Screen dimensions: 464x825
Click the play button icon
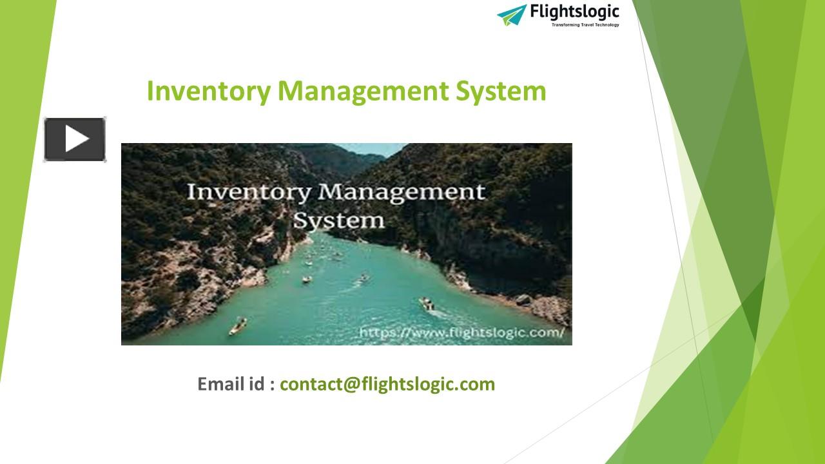tap(75, 139)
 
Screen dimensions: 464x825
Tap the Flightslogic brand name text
tap(574, 12)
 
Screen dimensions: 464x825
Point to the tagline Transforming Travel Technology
tap(585, 25)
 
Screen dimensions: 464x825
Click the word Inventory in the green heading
tap(209, 91)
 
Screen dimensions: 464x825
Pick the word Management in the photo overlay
tap(401, 193)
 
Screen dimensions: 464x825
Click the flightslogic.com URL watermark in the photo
tap(461, 333)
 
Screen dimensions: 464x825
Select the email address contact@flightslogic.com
tap(387, 384)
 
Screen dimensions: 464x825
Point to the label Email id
tap(236, 384)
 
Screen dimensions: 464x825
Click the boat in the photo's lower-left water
tap(237, 325)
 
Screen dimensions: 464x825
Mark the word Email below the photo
tap(221, 384)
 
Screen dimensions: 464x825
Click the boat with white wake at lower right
tap(427, 304)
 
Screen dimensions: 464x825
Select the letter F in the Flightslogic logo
tap(534, 12)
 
